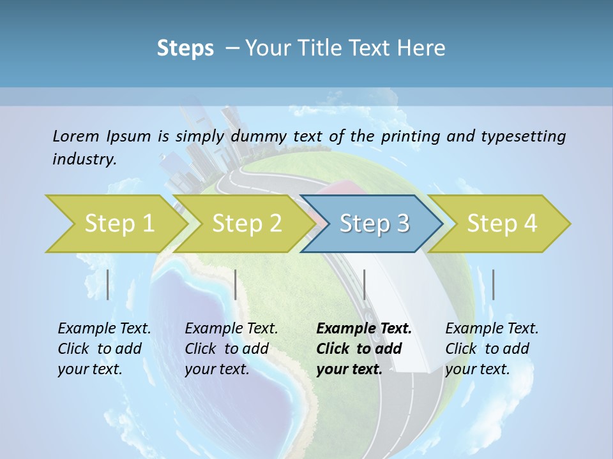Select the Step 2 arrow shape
246,224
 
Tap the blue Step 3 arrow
374,224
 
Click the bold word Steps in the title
185,48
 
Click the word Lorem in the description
76,136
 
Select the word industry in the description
84,159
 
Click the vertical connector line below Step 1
108,284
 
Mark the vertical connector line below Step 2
236,284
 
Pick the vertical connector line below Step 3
365,284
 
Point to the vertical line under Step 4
493,284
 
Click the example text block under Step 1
104,349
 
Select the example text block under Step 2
231,349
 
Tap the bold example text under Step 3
363,349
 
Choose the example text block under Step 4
492,349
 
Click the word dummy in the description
260,136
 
